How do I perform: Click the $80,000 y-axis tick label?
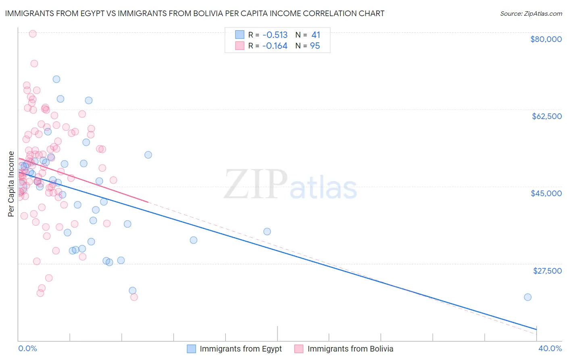coord(546,39)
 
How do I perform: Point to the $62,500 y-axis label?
coord(546,116)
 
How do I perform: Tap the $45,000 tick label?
coord(546,193)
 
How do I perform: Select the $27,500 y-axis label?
coord(547,271)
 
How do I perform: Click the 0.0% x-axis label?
coord(27,348)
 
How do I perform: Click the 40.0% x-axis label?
coord(550,348)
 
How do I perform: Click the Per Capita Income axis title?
coord(11,184)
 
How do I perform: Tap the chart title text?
coord(195,13)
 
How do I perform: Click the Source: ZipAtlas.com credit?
coord(531,13)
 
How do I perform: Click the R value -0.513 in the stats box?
coord(275,35)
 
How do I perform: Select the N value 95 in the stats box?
coord(315,46)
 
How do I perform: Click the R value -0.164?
coord(275,46)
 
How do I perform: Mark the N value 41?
coord(315,35)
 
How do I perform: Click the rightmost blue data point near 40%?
coord(527,297)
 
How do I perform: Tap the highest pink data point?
coord(33,34)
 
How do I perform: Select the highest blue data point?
coord(56,79)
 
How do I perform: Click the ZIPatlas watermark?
coord(290,185)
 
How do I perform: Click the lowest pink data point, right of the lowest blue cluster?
coord(134,297)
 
